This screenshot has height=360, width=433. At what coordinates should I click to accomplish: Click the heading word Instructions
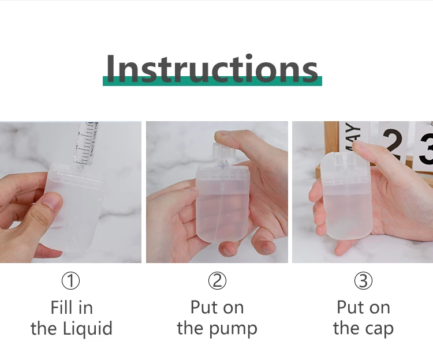pos(212,68)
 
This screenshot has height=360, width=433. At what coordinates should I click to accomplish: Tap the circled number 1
pos(70,280)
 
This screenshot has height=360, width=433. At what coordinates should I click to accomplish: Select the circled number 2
pos(217,280)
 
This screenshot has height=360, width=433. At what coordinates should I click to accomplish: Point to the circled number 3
pos(363,280)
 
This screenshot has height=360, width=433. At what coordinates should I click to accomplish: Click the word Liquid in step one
pos(88,328)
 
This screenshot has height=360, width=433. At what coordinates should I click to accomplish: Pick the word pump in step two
pos(233,329)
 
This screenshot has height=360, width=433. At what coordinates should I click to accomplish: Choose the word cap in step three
pos(379,329)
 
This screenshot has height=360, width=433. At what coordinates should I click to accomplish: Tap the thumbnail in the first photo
pos(53,202)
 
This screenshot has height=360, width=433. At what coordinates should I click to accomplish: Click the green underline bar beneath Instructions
pos(212,81)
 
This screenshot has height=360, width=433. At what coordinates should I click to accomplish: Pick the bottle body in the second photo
pos(223,208)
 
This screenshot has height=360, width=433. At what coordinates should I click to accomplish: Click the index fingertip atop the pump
pos(224,137)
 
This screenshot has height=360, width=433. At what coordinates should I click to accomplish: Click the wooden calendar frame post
pos(331,144)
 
